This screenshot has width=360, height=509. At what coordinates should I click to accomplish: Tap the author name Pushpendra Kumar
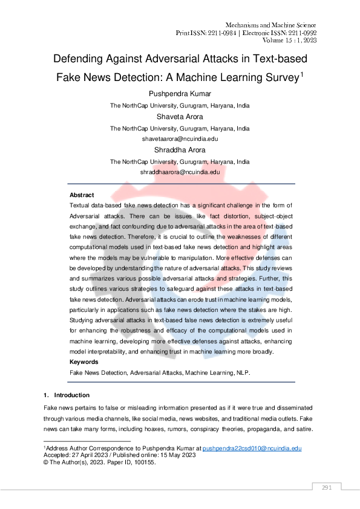click(179, 94)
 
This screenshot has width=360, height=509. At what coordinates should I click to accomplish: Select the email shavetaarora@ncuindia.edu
click(179, 139)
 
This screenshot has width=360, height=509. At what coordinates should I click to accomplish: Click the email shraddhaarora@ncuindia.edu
click(180, 172)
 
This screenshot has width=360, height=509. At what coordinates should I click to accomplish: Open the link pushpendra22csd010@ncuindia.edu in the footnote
click(252, 448)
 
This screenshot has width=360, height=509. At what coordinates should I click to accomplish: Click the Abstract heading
click(82, 195)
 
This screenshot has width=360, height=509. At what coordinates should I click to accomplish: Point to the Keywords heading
click(84, 361)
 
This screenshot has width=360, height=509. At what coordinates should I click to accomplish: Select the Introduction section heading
click(71, 395)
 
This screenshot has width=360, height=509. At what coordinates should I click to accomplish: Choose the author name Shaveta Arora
click(180, 117)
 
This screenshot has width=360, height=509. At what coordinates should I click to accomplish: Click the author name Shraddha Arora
click(179, 150)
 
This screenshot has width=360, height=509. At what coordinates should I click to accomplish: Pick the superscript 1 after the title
click(303, 74)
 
